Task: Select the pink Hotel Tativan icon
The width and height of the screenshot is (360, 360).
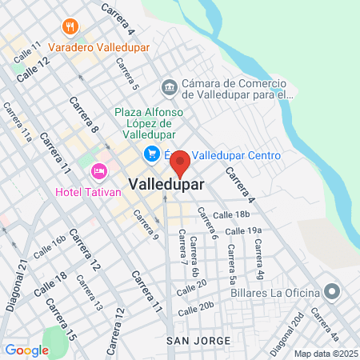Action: tap(99, 170)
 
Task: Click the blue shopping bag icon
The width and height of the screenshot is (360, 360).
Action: tap(150, 154)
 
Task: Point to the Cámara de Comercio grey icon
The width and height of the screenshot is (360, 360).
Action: tap(169, 86)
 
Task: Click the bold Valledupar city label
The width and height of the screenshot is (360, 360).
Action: tap(166, 183)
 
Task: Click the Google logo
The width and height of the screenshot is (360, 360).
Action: tap(26, 350)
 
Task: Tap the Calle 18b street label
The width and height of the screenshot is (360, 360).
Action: tap(232, 215)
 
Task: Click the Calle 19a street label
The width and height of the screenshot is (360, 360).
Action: tap(243, 231)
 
